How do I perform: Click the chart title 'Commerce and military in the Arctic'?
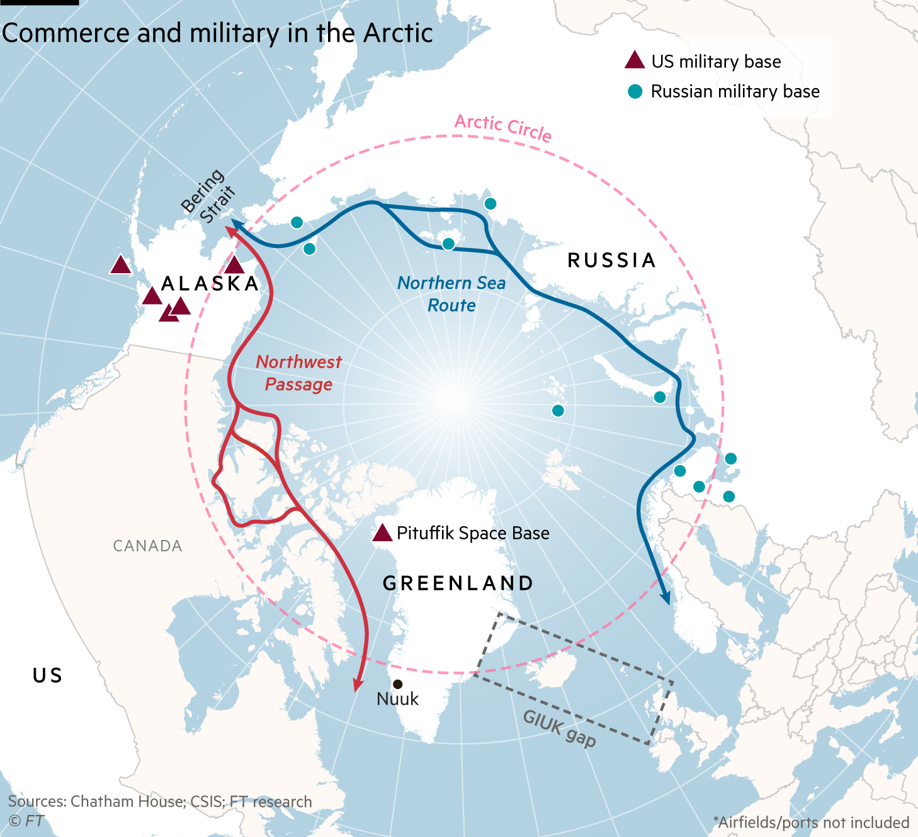217,33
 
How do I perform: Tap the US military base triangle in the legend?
635,61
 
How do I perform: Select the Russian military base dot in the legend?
635,92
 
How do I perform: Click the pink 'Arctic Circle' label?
503,128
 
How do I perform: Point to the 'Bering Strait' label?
208,196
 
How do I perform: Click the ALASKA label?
210,284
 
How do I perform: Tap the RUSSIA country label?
612,261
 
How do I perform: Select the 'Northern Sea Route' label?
451,295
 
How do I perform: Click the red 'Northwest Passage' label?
299,373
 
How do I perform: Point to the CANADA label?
147,546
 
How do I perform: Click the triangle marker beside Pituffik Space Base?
382,534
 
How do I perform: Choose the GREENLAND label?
458,583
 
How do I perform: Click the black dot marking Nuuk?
398,684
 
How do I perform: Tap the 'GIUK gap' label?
559,729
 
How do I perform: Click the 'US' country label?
48,676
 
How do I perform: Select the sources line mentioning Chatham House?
160,802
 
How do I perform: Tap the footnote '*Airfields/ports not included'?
811,823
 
